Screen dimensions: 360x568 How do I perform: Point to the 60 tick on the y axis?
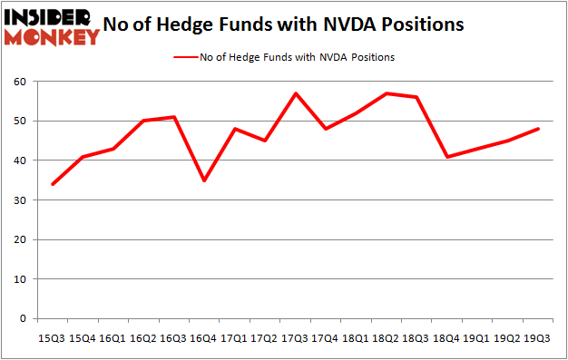[x=17, y=82]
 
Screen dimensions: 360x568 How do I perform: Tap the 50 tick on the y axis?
[x=17, y=121]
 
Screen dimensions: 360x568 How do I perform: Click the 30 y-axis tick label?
[x=17, y=200]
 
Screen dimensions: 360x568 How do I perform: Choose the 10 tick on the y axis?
[x=17, y=279]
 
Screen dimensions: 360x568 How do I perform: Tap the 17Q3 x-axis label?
[x=295, y=337]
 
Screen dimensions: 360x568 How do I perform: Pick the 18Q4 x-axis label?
[x=446, y=337]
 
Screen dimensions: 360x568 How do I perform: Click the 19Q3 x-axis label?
[x=537, y=337]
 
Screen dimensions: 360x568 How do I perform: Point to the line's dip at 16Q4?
[x=205, y=180]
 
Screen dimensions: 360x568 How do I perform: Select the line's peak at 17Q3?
[x=295, y=93]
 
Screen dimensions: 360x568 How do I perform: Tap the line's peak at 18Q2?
[x=386, y=93]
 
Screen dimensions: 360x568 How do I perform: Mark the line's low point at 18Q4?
[x=446, y=157]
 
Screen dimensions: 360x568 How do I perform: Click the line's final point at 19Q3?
[x=537, y=129]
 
